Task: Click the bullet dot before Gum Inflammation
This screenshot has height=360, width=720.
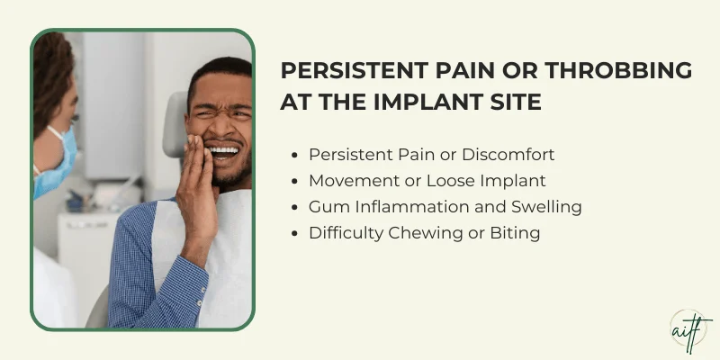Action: (297, 207)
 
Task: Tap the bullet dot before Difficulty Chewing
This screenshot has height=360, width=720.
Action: (297, 233)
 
